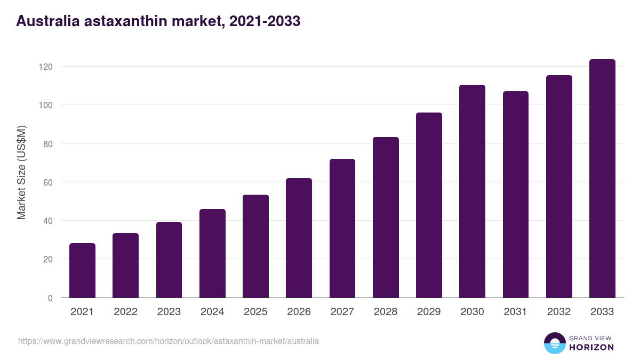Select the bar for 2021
(82, 270)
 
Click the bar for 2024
(212, 253)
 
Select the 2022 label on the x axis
(125, 312)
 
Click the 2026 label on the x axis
(299, 312)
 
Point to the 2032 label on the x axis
(559, 312)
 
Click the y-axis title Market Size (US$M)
(21, 172)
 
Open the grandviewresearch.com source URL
(169, 341)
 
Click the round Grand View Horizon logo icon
(554, 343)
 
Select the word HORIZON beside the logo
(591, 347)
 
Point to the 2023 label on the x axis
(169, 312)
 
